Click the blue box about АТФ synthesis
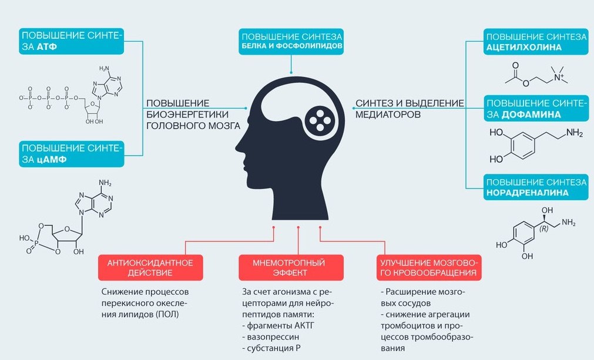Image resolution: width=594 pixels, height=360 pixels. (x=72, y=42)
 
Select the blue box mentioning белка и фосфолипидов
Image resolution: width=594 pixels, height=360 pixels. (x=291, y=41)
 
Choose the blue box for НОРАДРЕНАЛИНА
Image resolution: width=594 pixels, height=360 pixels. (x=535, y=187)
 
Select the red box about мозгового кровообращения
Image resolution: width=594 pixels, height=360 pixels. (x=428, y=267)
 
